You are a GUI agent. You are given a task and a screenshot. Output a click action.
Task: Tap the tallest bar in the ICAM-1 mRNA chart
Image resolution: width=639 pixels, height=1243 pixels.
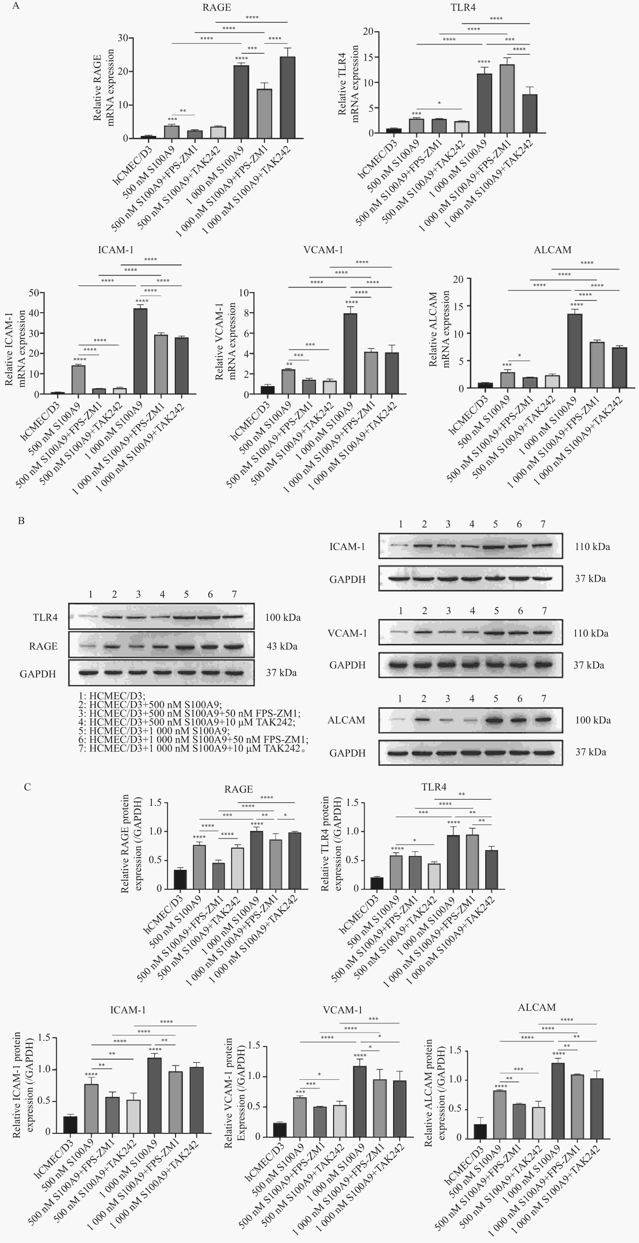coord(140,351)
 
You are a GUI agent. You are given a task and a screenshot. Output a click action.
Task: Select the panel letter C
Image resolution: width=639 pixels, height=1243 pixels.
coord(27,787)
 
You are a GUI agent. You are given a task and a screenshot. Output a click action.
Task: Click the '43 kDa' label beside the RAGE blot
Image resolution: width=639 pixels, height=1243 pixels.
coord(282,646)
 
